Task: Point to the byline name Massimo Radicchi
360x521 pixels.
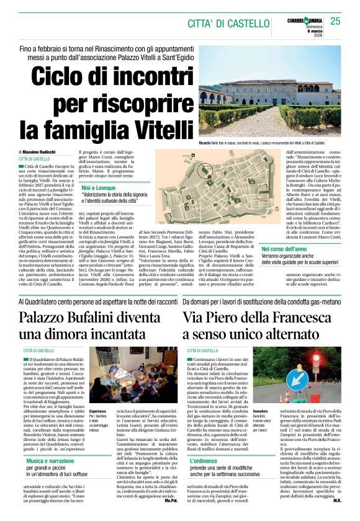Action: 42,152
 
